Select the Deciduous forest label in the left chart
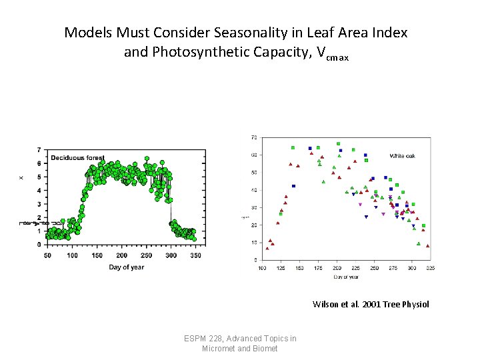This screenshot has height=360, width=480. click(x=78, y=158)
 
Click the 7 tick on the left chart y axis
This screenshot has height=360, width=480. click(x=39, y=149)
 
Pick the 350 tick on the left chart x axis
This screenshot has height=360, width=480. click(x=195, y=255)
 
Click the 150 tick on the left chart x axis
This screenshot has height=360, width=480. click(x=97, y=255)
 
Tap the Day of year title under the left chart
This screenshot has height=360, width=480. click(x=127, y=267)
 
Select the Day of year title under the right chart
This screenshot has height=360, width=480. click(x=345, y=276)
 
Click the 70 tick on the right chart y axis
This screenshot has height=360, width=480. click(x=254, y=137)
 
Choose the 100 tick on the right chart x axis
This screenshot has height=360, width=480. click(x=262, y=268)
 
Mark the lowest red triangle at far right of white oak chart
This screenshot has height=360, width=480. click(x=427, y=246)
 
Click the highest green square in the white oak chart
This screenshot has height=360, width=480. click(x=338, y=143)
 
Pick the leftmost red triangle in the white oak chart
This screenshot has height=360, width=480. click(x=267, y=248)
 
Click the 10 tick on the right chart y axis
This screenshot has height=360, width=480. click(x=254, y=243)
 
